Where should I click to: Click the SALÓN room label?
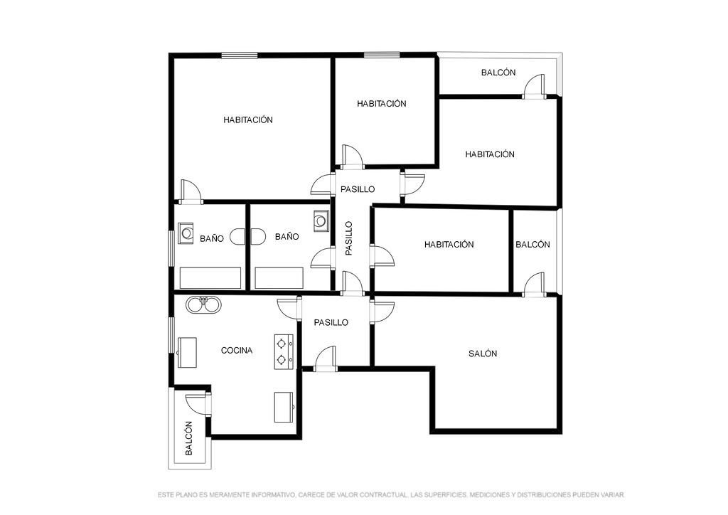483,354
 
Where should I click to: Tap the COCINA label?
236,351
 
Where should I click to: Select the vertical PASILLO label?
349,238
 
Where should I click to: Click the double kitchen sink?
203,304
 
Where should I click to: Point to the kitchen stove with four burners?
284,351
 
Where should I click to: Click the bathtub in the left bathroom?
210,277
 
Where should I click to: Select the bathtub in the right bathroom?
279,277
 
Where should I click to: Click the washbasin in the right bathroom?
321,220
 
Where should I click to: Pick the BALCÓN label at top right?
498,73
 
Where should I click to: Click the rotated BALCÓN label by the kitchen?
188,438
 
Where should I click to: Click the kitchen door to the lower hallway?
290,308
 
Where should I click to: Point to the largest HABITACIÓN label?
248,120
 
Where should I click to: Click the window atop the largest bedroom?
240,55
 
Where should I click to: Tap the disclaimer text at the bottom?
391,495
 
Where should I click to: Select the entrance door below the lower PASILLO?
325,359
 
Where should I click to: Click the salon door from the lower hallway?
382,311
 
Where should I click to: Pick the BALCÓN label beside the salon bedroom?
532,244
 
